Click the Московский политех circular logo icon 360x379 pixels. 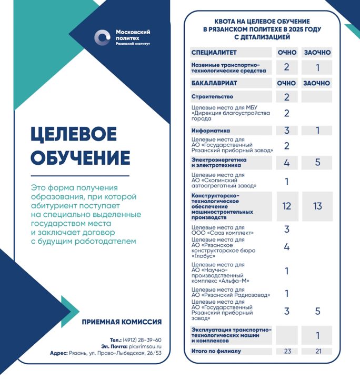pos(102,37)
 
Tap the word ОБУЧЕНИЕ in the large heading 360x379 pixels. pos(80,158)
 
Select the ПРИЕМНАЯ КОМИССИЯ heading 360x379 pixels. pos(122,322)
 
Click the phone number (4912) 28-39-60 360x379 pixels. pos(142,340)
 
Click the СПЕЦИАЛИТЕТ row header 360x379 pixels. pos(214,53)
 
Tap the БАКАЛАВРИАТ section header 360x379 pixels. pos(214,83)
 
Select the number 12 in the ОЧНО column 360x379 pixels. pos(287,206)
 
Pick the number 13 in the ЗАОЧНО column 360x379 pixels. pos(317,206)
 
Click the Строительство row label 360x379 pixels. pos(212,97)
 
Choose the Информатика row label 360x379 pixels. pos(211,131)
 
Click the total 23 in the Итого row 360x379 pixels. pos(287,351)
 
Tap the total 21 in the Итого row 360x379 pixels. pos(317,351)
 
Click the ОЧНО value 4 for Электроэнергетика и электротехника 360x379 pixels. pos(287,163)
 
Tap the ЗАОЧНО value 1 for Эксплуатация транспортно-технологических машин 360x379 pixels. pos(317,335)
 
